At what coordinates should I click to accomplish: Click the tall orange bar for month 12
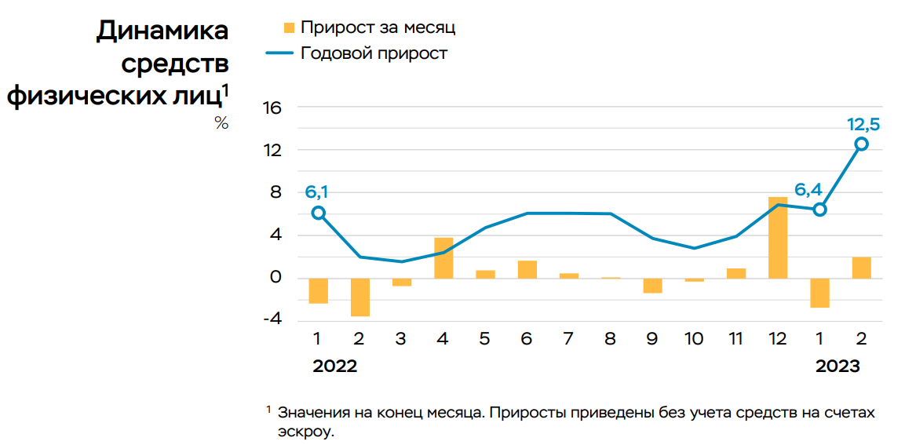(x=778, y=237)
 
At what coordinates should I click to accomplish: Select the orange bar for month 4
(x=443, y=257)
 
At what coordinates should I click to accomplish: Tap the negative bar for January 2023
(x=819, y=292)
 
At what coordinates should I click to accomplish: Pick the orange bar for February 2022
(x=359, y=297)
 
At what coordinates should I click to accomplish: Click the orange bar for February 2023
(x=861, y=268)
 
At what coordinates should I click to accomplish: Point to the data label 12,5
(x=863, y=124)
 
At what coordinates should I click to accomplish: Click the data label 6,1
(x=316, y=192)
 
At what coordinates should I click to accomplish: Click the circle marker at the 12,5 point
(x=861, y=144)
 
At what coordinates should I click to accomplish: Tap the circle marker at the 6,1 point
(x=318, y=213)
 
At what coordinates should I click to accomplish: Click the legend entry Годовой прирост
(x=374, y=53)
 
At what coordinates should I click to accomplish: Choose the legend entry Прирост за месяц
(x=378, y=27)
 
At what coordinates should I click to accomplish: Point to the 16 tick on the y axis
(x=272, y=108)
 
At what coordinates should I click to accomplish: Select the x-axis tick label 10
(x=693, y=339)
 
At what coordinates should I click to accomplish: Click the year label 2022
(x=334, y=367)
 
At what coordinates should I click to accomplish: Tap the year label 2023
(x=837, y=367)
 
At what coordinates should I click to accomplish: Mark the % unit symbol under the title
(x=221, y=123)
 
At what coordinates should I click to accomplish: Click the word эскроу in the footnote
(x=305, y=431)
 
